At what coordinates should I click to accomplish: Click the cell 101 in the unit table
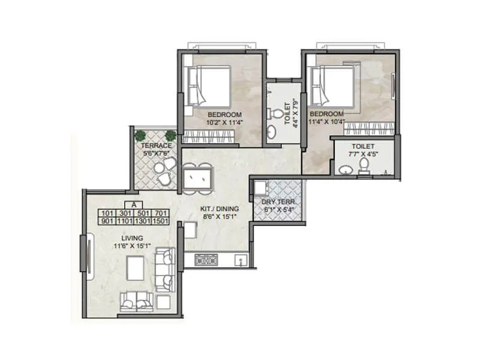pos(107,213)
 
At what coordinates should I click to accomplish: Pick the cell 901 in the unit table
pos(107,221)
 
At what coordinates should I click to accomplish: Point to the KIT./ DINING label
pos(219,209)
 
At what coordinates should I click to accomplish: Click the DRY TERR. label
pos(276,202)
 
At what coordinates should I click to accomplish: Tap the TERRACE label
pos(157,146)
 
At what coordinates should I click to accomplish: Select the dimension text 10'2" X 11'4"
pos(224,124)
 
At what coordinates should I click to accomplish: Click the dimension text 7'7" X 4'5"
pos(363,155)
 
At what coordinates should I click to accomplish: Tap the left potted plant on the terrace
pos(140,136)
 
